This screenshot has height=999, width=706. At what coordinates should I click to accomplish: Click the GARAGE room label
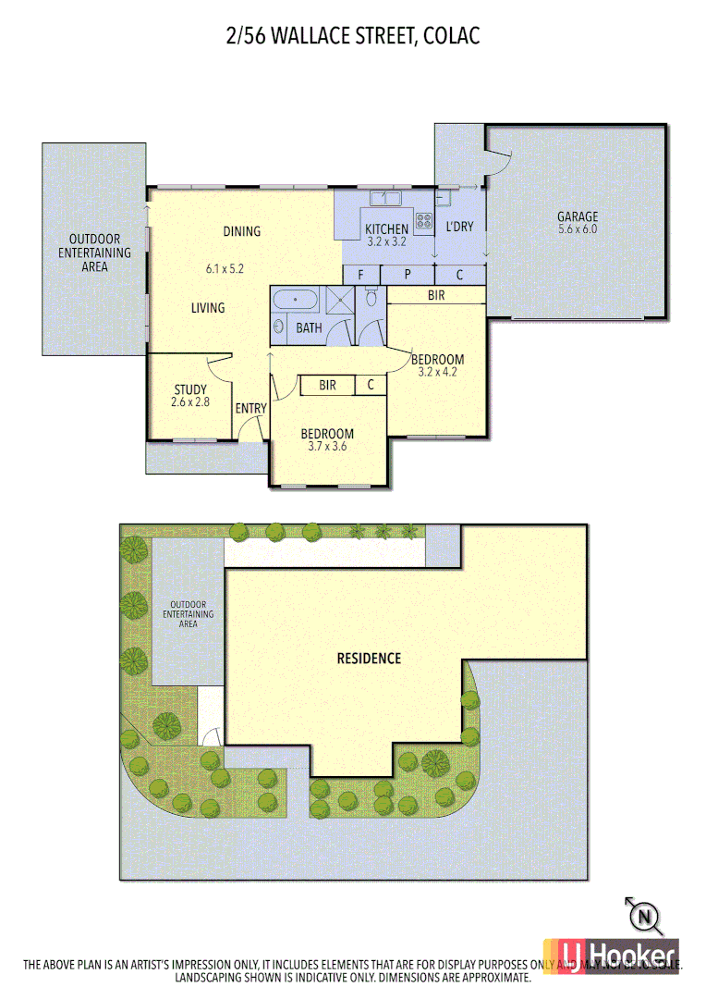(x=577, y=217)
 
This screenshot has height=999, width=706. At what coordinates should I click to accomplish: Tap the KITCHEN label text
(x=386, y=229)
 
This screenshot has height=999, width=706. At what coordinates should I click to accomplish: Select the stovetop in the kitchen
(x=423, y=220)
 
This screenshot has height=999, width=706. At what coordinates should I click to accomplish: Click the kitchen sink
(x=385, y=198)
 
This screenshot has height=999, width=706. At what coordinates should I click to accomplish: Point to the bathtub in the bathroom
(x=294, y=300)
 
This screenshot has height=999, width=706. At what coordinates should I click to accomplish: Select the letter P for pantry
(x=408, y=275)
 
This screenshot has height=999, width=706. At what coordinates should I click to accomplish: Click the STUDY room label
(x=189, y=389)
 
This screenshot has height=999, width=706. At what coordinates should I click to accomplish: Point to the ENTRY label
(x=251, y=409)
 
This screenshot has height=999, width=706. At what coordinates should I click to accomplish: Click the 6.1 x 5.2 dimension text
(x=224, y=269)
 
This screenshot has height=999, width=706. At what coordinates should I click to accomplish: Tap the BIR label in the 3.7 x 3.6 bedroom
(x=327, y=385)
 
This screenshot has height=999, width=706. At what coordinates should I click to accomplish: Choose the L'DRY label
(x=460, y=226)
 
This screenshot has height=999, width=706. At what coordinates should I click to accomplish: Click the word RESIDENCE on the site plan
(x=369, y=659)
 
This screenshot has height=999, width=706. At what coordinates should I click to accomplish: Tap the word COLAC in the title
(x=453, y=37)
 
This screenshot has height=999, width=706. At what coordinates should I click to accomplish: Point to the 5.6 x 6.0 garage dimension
(x=577, y=229)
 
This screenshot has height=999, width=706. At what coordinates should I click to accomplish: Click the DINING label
(x=241, y=231)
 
